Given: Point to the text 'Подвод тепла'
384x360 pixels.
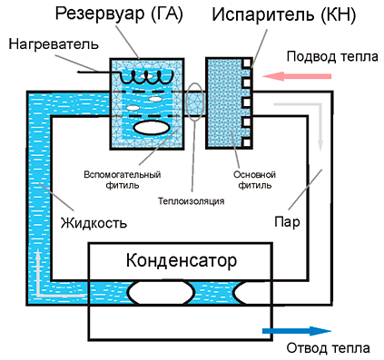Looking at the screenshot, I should pyautogui.click(x=328, y=54).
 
